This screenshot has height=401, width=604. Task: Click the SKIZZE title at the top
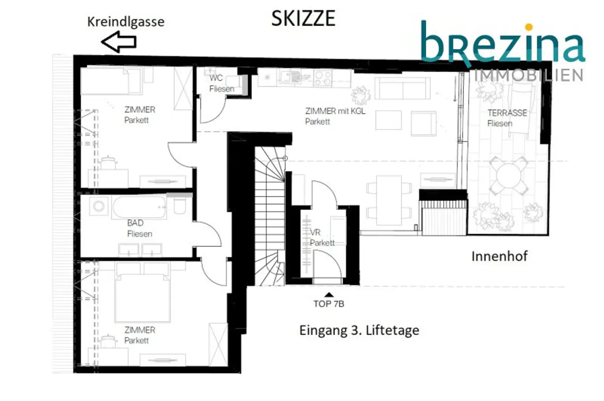(x=303, y=18)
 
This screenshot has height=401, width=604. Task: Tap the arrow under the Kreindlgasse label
(x=119, y=42)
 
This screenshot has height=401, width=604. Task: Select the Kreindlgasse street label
(x=126, y=22)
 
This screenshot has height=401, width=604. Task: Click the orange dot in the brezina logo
(x=529, y=27)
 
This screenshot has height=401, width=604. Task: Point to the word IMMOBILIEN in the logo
(x=529, y=75)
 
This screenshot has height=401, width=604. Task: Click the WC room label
(x=216, y=78)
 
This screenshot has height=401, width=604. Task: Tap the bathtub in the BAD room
(x=139, y=207)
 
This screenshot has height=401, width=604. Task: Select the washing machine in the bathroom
(x=99, y=206)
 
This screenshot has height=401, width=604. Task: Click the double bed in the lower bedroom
(x=142, y=292)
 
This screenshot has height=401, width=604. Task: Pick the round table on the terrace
(x=508, y=175)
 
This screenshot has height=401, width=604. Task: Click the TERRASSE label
(x=507, y=113)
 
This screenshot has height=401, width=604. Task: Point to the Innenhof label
(x=499, y=256)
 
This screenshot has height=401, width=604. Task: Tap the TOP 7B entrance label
(x=329, y=304)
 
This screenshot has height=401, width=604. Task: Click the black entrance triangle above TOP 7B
(x=329, y=295)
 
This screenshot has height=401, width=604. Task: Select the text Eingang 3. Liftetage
(x=359, y=330)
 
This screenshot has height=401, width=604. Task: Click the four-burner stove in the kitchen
(x=323, y=79)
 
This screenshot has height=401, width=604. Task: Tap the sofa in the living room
(x=402, y=88)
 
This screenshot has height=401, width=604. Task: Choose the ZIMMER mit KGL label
(x=335, y=111)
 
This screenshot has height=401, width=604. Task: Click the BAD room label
(x=135, y=223)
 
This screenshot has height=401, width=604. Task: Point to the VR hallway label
(x=315, y=232)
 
